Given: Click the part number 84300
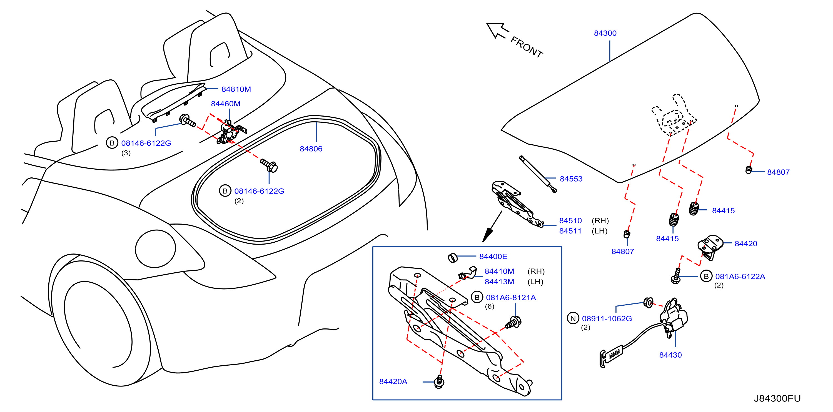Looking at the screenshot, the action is pyautogui.click(x=605, y=33).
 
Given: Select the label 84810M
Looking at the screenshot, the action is pyautogui.click(x=236, y=89).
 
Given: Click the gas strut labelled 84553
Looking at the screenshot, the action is pyautogui.click(x=538, y=174).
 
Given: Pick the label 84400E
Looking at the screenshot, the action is pyautogui.click(x=493, y=256).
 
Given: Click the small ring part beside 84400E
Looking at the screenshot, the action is pyautogui.click(x=453, y=258).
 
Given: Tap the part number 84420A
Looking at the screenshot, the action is pyautogui.click(x=393, y=382).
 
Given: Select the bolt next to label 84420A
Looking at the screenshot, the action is pyautogui.click(x=439, y=382).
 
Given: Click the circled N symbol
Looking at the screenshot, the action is pyautogui.click(x=573, y=318).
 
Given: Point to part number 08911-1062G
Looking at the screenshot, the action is pyautogui.click(x=607, y=319).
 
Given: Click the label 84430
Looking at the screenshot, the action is pyautogui.click(x=670, y=355).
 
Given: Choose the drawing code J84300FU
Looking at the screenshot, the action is pyautogui.click(x=777, y=398).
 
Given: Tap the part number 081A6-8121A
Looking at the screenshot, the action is pyautogui.click(x=511, y=298).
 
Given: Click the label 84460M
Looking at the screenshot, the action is pyautogui.click(x=225, y=104).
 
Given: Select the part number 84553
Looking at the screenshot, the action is pyautogui.click(x=571, y=179).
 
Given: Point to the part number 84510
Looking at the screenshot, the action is pyautogui.click(x=570, y=221).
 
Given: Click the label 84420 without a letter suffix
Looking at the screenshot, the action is pyautogui.click(x=746, y=244).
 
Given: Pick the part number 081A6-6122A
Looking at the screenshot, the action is pyautogui.click(x=740, y=277).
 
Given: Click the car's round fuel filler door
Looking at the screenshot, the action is pyautogui.click(x=156, y=249).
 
